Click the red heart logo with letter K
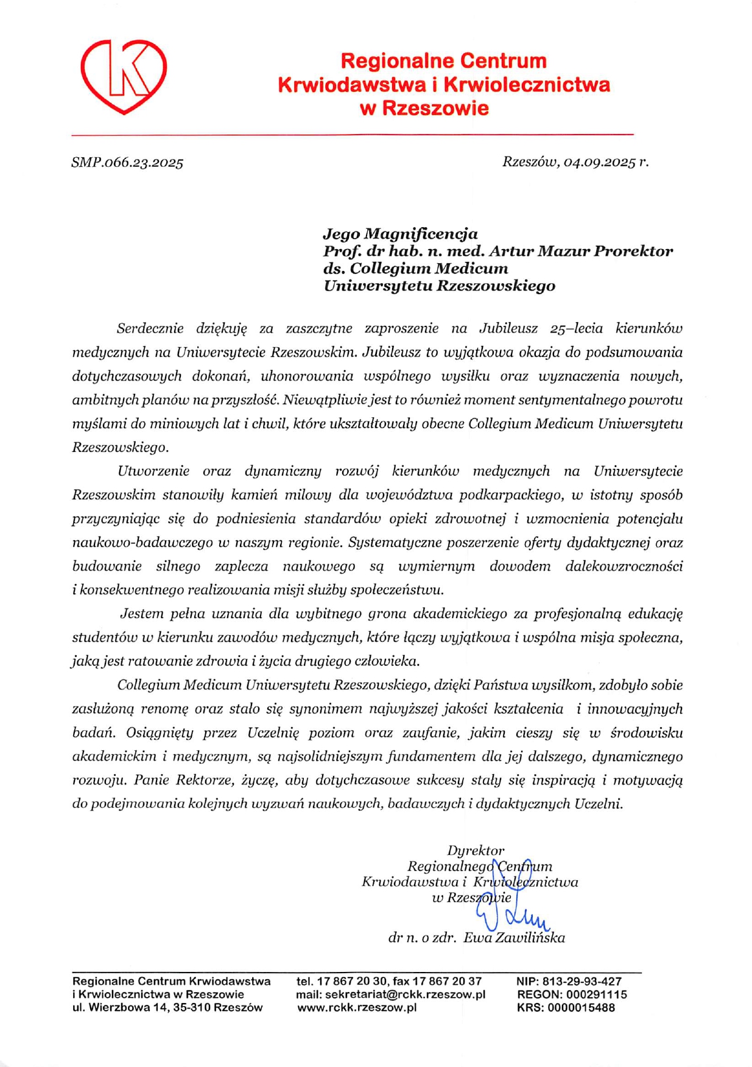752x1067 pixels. [124, 76]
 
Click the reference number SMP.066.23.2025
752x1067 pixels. [127, 163]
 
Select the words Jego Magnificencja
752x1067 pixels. [400, 234]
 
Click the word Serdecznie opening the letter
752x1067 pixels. [150, 329]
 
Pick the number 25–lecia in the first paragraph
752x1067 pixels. [576, 329]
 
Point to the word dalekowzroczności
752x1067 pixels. [624, 566]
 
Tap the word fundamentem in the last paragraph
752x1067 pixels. [437, 756]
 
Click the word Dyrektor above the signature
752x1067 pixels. [476, 850]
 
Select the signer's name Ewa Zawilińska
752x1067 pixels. [514, 938]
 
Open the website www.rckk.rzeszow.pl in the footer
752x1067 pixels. [357, 1007]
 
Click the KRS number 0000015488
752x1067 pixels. [581, 1007]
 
